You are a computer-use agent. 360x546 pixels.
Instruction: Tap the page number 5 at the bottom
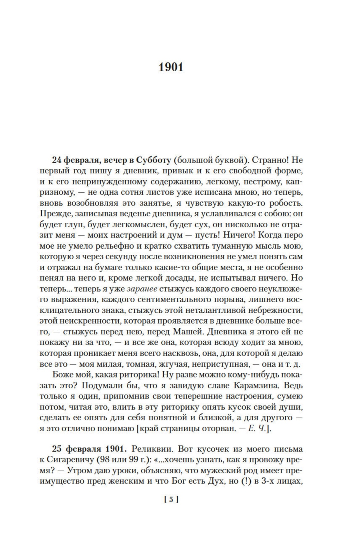click(171, 500)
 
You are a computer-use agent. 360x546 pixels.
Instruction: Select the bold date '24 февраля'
click(73, 160)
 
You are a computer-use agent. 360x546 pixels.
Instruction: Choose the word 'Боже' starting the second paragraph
click(63, 375)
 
